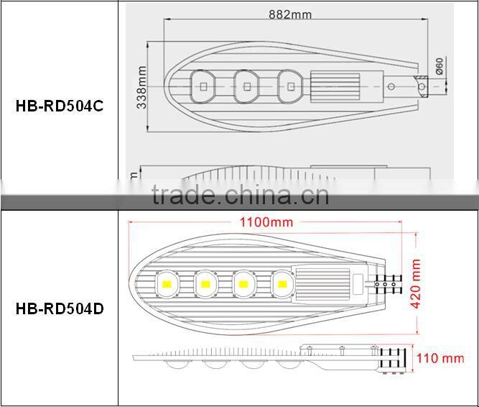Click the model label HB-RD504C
(x=59, y=106)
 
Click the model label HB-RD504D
(x=59, y=309)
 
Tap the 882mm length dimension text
(x=289, y=14)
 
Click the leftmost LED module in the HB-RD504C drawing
(x=203, y=86)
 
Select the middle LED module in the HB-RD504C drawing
(x=246, y=86)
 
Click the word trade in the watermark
(x=182, y=195)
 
